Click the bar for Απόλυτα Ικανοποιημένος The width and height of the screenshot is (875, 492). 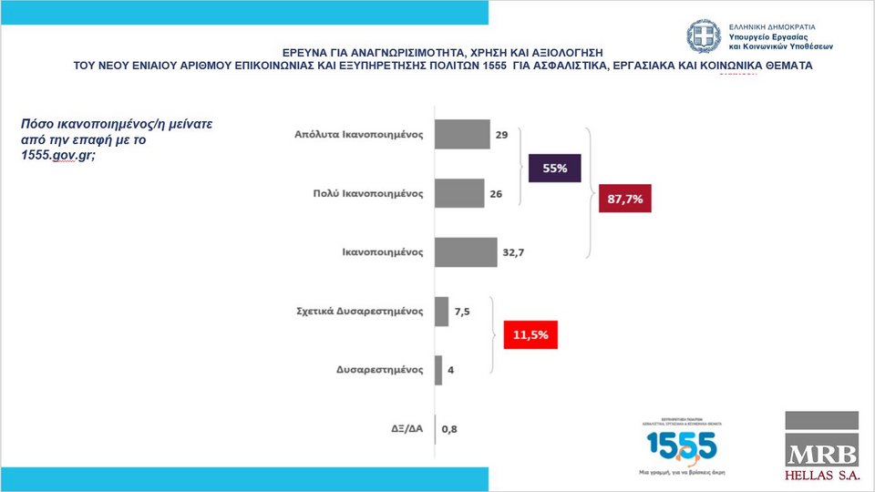point(462,134)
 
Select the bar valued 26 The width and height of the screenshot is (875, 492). point(459,193)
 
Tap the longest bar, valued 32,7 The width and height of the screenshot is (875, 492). point(465,252)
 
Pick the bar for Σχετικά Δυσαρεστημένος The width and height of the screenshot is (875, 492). point(442,311)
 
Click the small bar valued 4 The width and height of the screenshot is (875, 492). point(438,370)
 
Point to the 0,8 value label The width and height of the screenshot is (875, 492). point(448,428)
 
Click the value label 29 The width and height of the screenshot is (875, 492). point(501,135)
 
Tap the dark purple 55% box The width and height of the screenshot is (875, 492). point(555,169)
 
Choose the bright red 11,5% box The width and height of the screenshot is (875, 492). point(530,334)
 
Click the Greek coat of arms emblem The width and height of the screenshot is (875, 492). point(704,36)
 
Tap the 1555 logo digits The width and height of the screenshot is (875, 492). point(682,446)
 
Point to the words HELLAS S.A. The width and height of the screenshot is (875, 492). point(821,476)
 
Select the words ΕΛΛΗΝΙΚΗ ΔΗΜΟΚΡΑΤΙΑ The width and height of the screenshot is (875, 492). point(772,27)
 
